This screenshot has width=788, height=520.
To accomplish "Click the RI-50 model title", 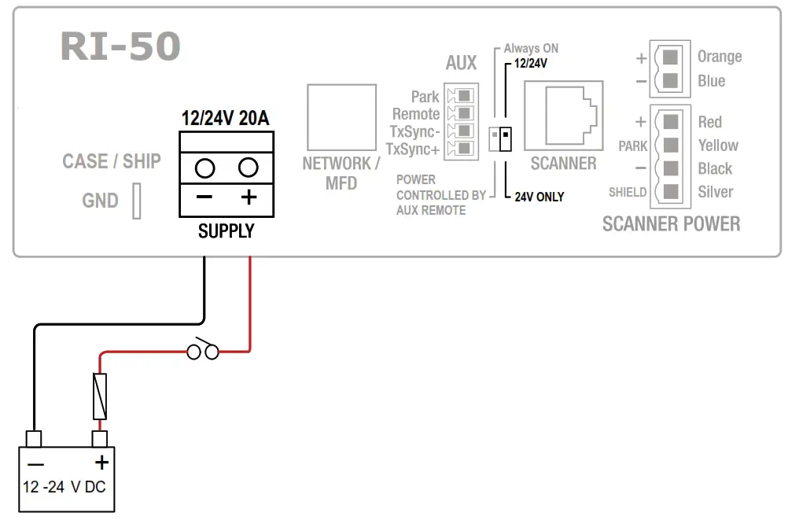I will pos(120,47).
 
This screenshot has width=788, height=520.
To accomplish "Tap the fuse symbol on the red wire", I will pos(100,396).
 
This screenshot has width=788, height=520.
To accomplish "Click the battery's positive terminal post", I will pos(100,438).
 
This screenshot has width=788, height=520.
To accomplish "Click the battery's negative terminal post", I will pos(34,438).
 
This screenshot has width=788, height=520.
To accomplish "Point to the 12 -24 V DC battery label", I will pos(64,487).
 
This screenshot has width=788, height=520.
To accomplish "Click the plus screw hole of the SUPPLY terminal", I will pos(249,168).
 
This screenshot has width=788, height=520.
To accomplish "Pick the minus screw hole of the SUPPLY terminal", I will pos(204,168).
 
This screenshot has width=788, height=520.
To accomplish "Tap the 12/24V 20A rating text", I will pos(226,119).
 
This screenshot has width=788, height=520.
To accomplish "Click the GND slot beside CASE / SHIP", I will pos(137,201).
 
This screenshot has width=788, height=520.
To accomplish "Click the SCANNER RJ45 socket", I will pos(563,116).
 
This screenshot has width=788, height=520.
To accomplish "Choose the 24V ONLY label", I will pos(539,197).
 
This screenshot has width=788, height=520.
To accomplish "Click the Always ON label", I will pos(531,49).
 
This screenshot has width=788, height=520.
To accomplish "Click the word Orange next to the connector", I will pos(720,57).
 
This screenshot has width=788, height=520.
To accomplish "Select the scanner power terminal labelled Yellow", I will pos(670,146).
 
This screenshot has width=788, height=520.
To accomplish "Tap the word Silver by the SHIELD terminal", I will pos(716,192).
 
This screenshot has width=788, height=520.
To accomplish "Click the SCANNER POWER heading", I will pos(671,224).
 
